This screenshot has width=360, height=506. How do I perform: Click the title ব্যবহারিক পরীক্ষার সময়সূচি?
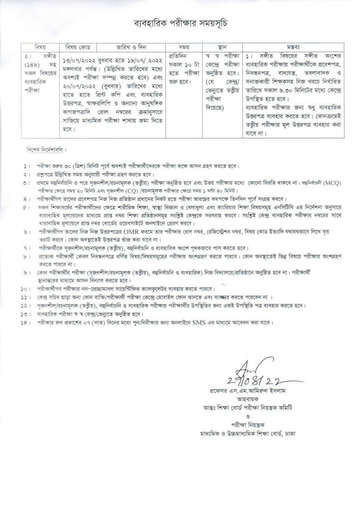pos(179,23)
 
